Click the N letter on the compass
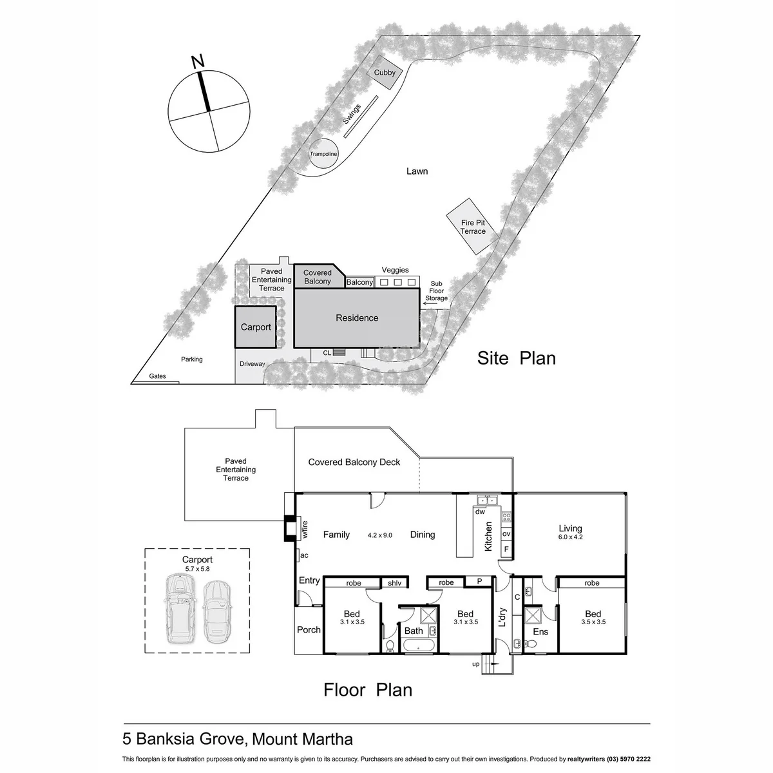pyautogui.click(x=198, y=61)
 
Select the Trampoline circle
pyautogui.click(x=323, y=154)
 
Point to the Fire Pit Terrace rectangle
pyautogui.click(x=473, y=227)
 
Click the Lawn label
pyautogui.click(x=417, y=171)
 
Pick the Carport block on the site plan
pyautogui.click(x=256, y=327)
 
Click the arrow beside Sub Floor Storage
pyautogui.click(x=430, y=303)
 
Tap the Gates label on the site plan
pyautogui.click(x=157, y=376)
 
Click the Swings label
pyautogui.click(x=352, y=114)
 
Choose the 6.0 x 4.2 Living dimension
pyautogui.click(x=570, y=537)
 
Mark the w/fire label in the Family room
pyautogui.click(x=305, y=529)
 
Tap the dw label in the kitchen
pyautogui.click(x=480, y=512)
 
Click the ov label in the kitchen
pyautogui.click(x=506, y=534)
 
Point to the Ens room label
pyautogui.click(x=540, y=632)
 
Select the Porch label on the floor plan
pyautogui.click(x=309, y=630)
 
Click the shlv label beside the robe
pyautogui.click(x=394, y=583)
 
